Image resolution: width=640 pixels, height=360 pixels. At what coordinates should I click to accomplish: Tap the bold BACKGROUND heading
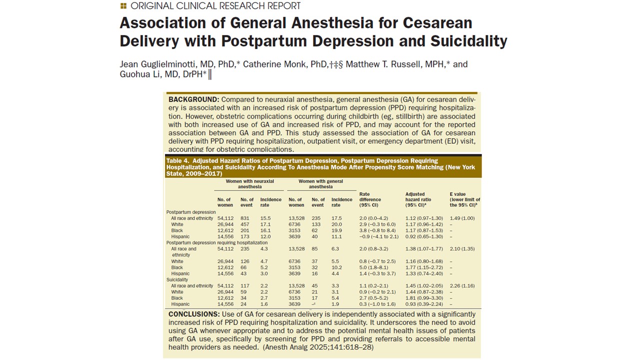[x=193, y=99]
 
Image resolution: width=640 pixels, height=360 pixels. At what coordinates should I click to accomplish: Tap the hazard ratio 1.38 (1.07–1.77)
[x=424, y=248]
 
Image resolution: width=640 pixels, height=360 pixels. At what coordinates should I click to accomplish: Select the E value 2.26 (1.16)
[x=462, y=286]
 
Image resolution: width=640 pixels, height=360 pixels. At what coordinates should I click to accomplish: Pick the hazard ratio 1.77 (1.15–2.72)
[x=424, y=267]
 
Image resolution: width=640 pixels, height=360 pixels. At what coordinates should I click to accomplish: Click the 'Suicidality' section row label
[x=177, y=280]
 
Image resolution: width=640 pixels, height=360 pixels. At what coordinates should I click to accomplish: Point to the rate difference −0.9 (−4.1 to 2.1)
[x=378, y=236]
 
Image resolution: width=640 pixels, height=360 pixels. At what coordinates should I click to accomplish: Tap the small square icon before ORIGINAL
[x=123, y=6]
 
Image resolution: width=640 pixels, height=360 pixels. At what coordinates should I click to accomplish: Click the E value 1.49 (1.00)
[x=462, y=218]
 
